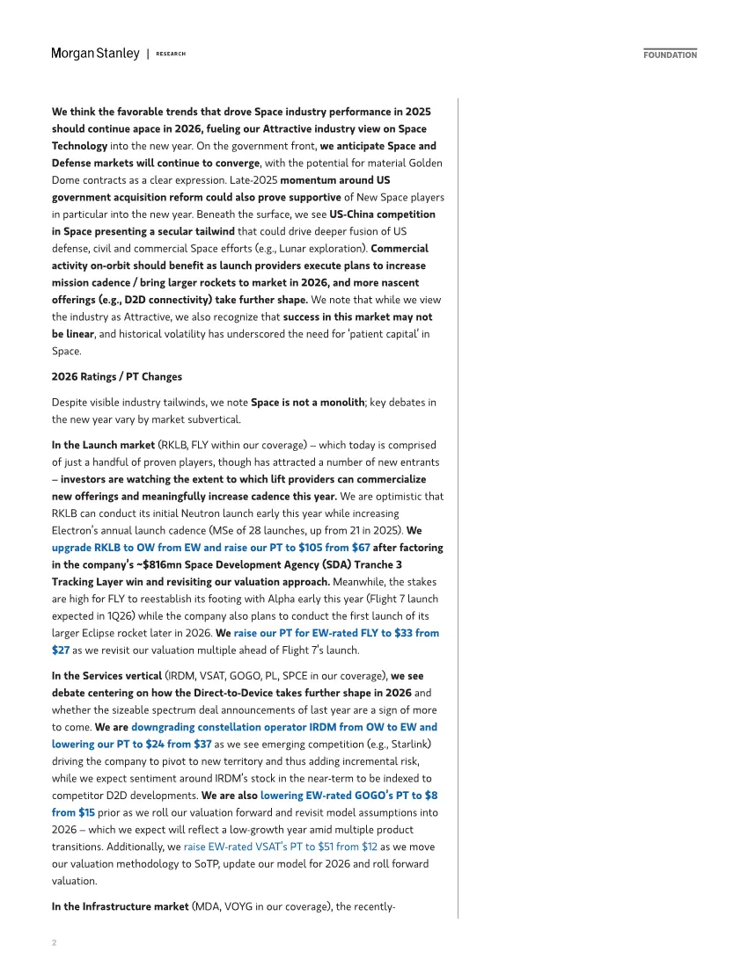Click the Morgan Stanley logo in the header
[95, 54]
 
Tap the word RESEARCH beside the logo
[171, 55]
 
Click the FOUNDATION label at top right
[670, 55]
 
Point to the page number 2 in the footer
[54, 942]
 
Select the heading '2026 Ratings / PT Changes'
[117, 377]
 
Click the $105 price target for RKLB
[312, 547]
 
